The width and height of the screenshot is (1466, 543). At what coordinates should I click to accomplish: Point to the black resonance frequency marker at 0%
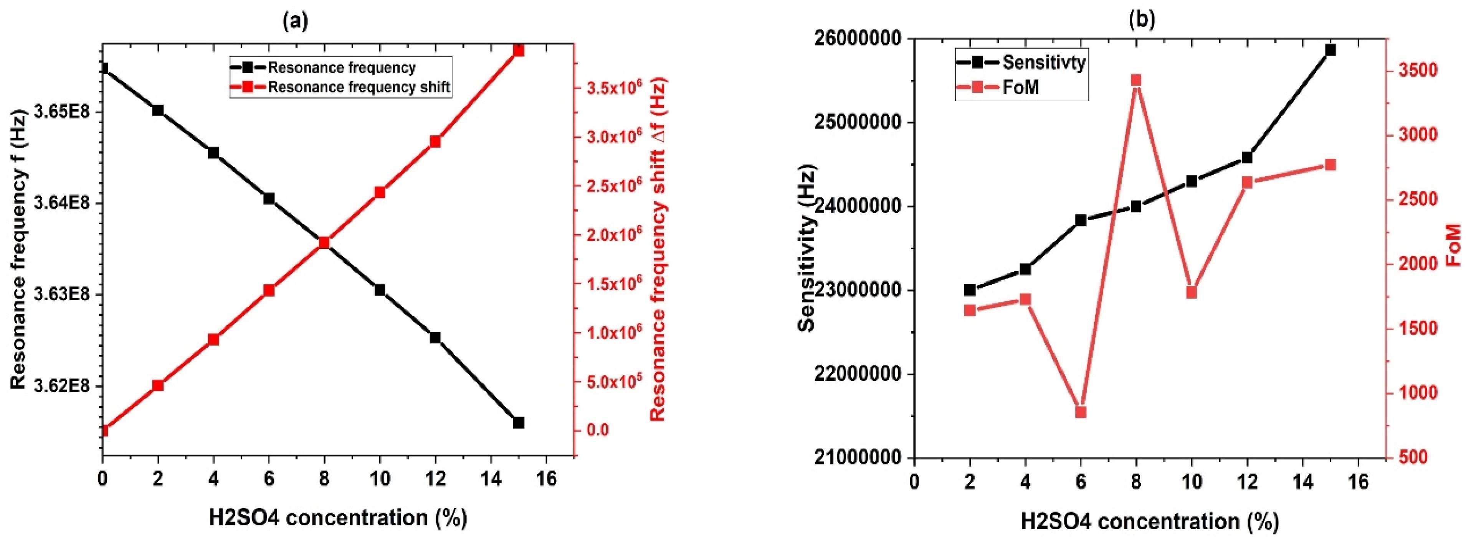click(103, 69)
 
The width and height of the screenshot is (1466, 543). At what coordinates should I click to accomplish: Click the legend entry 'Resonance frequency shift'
click(359, 87)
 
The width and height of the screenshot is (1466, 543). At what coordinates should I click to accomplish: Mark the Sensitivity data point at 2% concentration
click(970, 290)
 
